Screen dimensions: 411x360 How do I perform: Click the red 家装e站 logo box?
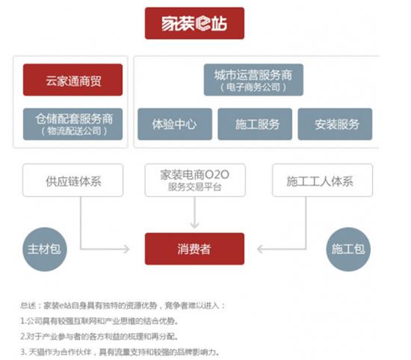click(x=194, y=23)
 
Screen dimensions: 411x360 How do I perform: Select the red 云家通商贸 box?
click(x=73, y=80)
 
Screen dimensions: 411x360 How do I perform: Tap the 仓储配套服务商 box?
click(x=73, y=124)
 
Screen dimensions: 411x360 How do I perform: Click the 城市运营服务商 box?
click(x=253, y=80)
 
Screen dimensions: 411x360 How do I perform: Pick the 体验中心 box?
click(x=175, y=124)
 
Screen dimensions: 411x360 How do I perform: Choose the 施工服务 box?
click(x=255, y=124)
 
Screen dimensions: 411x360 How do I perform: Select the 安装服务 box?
click(x=335, y=124)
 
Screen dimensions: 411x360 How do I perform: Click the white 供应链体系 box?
click(x=73, y=180)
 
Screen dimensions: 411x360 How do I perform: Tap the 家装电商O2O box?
click(x=195, y=180)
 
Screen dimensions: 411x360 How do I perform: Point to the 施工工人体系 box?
click(x=322, y=180)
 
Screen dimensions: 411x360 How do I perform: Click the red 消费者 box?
click(x=194, y=249)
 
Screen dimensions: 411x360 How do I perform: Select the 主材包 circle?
click(x=45, y=249)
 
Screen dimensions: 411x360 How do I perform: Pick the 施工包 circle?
click(x=348, y=249)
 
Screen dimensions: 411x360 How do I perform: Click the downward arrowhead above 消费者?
click(x=194, y=226)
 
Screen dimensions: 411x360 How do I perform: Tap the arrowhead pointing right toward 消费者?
click(x=126, y=249)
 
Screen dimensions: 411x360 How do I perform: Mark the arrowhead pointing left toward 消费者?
click(x=260, y=249)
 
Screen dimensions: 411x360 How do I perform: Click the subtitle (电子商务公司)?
click(x=253, y=87)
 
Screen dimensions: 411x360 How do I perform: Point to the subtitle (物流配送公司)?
click(x=74, y=131)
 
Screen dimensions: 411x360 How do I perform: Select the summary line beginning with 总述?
click(x=123, y=305)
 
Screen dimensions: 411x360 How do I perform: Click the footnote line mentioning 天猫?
click(x=120, y=352)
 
